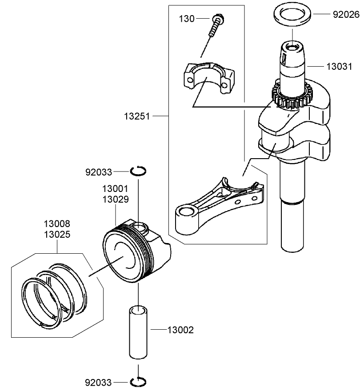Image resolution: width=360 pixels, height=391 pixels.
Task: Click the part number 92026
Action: pyautogui.click(x=346, y=15)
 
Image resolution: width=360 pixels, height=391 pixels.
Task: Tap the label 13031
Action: pyautogui.click(x=339, y=67)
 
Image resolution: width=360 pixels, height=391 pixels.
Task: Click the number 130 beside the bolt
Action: pyautogui.click(x=187, y=19)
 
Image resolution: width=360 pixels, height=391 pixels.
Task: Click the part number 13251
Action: pyautogui.click(x=137, y=116)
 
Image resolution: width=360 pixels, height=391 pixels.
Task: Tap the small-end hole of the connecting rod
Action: pyautogui.click(x=187, y=212)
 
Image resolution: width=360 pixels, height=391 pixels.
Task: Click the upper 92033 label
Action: pyautogui.click(x=99, y=172)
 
